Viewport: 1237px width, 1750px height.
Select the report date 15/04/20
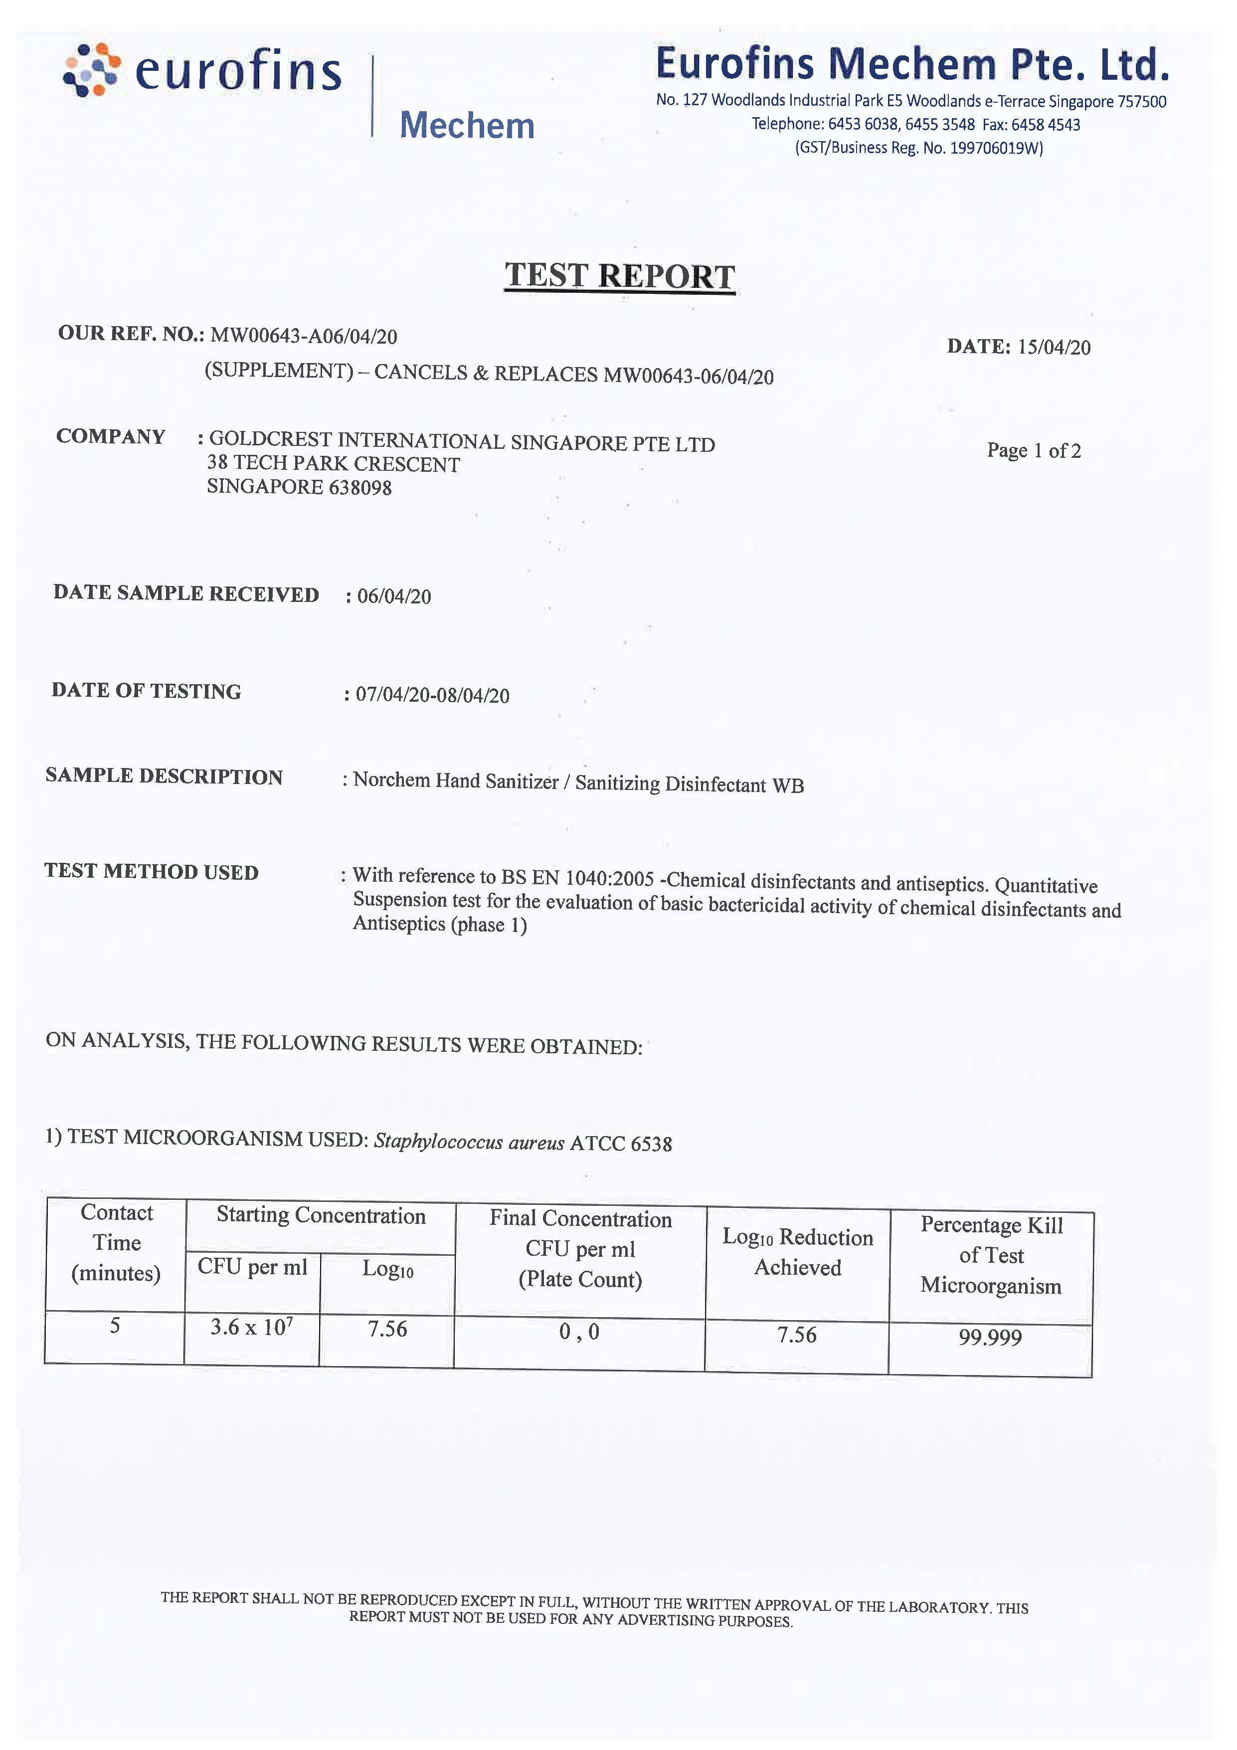coord(1054,348)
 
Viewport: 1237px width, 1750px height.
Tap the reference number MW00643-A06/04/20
coord(303,336)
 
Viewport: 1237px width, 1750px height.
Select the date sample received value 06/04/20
coord(394,596)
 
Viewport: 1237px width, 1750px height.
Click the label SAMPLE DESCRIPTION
coord(164,776)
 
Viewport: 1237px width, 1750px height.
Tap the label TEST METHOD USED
coord(151,871)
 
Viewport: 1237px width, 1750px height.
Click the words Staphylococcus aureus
coord(469,1142)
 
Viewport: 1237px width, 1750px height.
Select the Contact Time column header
coord(116,1242)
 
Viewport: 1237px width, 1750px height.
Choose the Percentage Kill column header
coord(991,1255)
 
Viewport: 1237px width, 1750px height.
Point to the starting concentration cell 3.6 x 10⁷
coord(251,1328)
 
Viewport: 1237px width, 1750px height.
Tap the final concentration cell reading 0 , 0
coord(579,1332)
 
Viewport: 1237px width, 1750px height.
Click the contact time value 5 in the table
coord(115,1326)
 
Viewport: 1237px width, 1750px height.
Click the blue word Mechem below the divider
coord(467,126)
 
